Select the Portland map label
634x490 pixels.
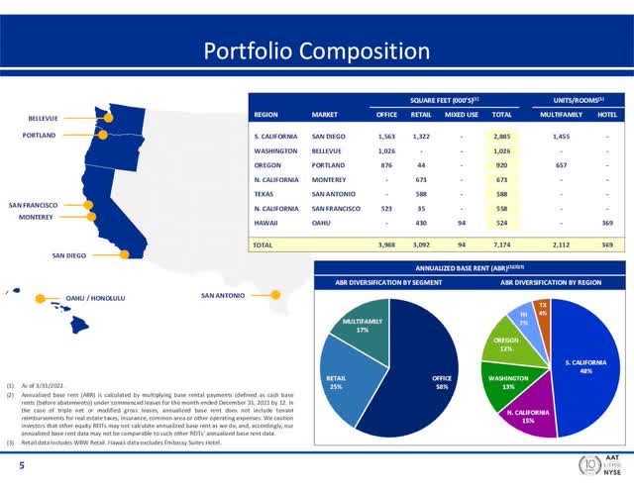click(x=44, y=135)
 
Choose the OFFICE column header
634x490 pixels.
click(x=387, y=113)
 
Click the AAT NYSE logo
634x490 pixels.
click(x=598, y=467)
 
